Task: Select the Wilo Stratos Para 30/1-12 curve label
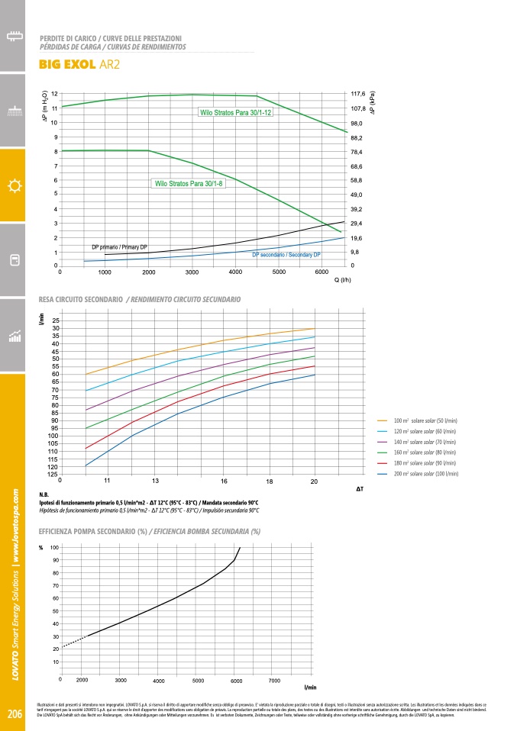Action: point(235,112)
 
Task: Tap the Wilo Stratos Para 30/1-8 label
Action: point(189,184)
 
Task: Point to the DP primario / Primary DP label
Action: point(119,247)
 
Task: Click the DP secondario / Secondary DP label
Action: point(286,254)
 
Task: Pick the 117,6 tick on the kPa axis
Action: point(358,94)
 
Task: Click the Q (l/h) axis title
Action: point(341,280)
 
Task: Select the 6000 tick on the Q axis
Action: point(323,272)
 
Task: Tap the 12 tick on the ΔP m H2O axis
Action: point(54,94)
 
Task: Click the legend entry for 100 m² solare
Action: point(425,420)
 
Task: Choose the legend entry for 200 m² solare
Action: point(425,474)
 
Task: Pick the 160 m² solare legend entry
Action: point(425,452)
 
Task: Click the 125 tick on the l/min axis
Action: point(52,475)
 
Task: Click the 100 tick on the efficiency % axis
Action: point(53,548)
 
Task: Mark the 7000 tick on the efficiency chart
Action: point(275,679)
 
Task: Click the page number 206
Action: point(15,714)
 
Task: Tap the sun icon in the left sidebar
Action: point(13,186)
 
